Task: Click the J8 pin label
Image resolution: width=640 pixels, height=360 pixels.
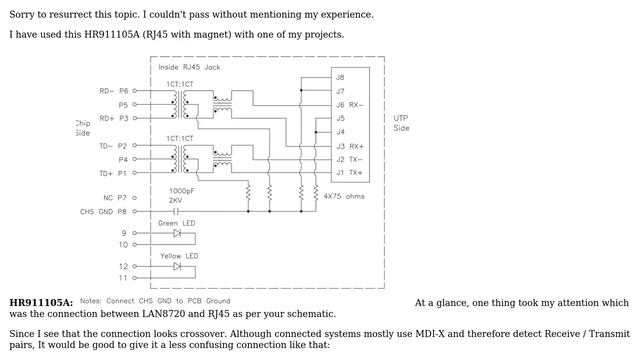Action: coord(340,77)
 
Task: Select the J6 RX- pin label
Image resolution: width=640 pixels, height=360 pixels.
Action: coord(349,104)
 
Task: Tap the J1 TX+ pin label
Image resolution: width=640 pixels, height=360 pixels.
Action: coord(349,173)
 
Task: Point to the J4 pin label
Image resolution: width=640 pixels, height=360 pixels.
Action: coord(340,132)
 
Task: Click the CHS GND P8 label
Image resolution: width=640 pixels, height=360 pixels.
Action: coord(105,211)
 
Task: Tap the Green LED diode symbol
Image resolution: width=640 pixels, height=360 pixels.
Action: coord(177,233)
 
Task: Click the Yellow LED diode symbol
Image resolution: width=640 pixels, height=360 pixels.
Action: coord(177,267)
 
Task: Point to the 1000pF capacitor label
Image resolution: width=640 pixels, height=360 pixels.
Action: coord(181,190)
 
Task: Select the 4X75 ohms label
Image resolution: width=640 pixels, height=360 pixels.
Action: coord(344,196)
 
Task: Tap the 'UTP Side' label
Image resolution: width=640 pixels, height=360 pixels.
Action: coord(401,122)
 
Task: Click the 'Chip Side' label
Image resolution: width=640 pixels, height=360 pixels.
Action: coord(82,128)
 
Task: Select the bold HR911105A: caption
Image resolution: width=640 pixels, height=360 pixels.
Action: coord(41,302)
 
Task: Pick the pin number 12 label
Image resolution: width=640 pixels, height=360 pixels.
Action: coord(124,266)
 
